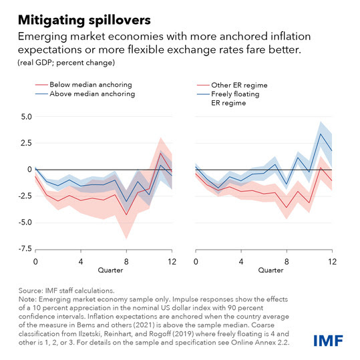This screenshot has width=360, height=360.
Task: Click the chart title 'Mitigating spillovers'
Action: coord(84,20)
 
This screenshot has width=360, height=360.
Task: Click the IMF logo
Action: coord(329,341)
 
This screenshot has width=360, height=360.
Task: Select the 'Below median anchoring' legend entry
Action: coord(83,85)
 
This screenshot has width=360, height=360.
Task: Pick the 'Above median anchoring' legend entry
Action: coord(85,94)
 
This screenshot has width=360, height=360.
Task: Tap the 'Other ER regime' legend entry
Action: coord(232,85)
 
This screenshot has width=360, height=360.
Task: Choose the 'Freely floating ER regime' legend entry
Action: coord(228,98)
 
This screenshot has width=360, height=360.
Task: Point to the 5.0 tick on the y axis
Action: coord(27,117)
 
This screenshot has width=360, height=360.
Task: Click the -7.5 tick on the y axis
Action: coord(25,248)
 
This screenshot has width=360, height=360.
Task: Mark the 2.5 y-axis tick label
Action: coord(27,143)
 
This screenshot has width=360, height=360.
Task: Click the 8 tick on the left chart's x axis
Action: coord(126,262)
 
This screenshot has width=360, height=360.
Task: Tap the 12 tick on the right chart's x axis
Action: coord(332,262)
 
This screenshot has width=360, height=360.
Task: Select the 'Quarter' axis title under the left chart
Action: coord(110,271)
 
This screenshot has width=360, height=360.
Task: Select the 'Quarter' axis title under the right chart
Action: coord(271,271)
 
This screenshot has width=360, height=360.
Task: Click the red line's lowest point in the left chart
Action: coord(126,214)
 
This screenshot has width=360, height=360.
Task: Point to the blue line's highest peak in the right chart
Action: coord(321,134)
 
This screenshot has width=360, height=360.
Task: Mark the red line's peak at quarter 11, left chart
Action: coord(160,153)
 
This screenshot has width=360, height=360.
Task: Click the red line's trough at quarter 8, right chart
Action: coord(287,208)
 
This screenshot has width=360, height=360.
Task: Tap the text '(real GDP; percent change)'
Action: coord(66,63)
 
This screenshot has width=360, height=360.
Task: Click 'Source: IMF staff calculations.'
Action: coord(66,291)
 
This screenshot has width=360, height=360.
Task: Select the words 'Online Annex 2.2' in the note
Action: coord(259,343)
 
